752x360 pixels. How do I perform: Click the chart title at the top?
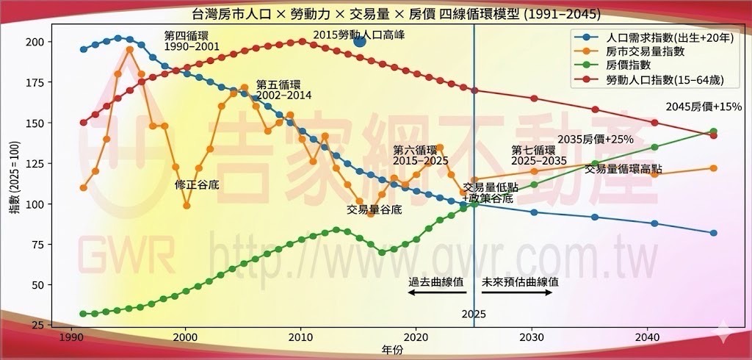375,14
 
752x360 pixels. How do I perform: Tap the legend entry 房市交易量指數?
646,51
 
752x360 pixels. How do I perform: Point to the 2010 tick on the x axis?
300,334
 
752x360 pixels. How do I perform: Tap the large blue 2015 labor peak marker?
359,41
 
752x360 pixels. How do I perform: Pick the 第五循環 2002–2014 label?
283,90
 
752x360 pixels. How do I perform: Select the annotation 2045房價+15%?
704,107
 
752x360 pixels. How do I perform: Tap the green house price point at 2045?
713,132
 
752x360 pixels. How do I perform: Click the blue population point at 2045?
713,233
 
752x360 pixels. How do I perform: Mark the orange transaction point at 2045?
713,168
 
